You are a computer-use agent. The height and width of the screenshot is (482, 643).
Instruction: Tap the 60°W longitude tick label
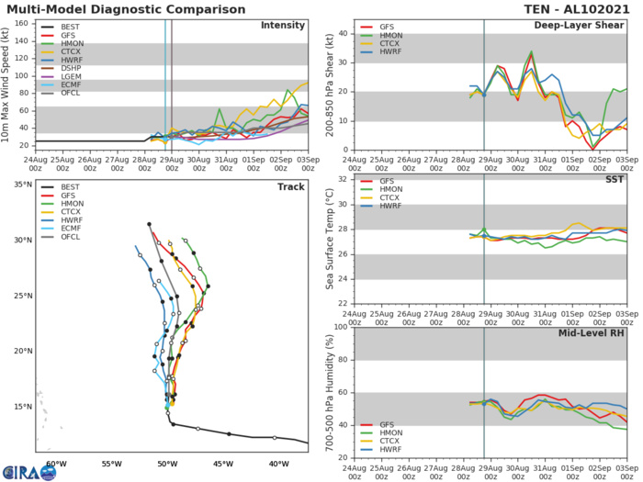(x=57, y=462)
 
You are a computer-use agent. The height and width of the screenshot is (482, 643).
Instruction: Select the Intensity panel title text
(x=283, y=25)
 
